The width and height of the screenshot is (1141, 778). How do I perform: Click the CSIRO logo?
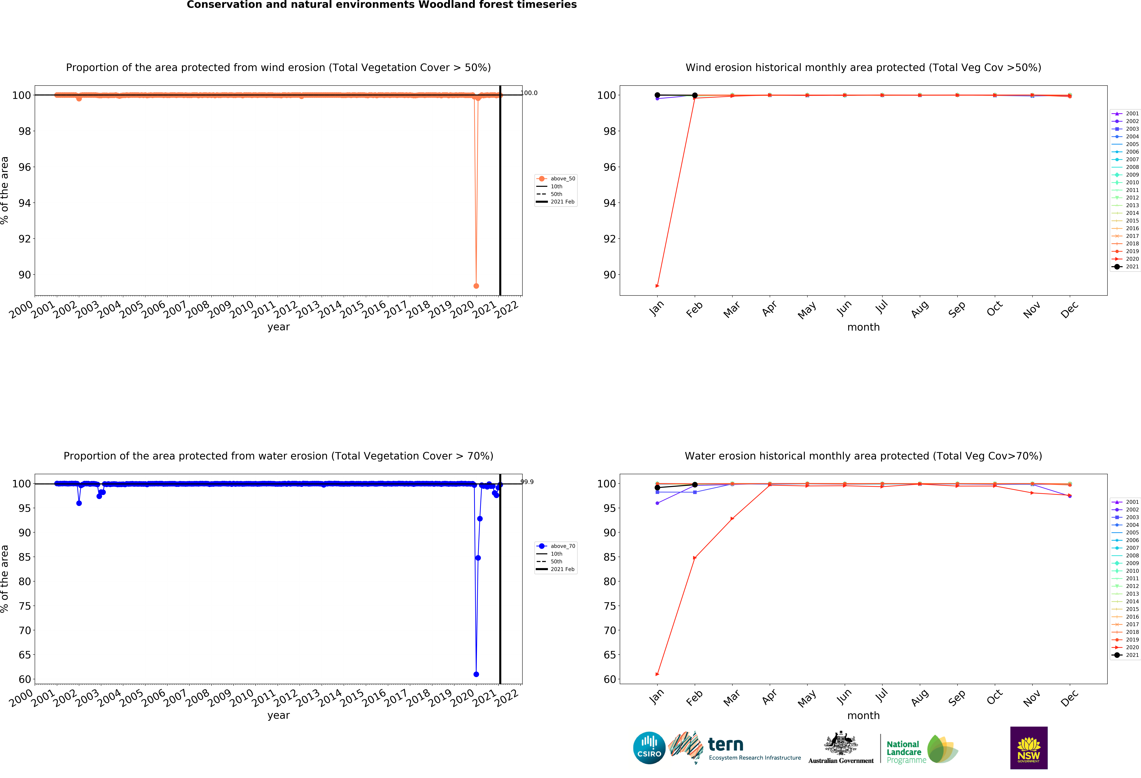click(649, 748)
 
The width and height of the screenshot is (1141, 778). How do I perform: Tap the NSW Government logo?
click(1029, 748)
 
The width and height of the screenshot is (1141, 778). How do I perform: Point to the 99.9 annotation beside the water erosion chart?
click(527, 482)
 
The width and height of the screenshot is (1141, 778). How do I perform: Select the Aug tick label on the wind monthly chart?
click(919, 309)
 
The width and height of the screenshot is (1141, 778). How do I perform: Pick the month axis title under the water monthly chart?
click(863, 716)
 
